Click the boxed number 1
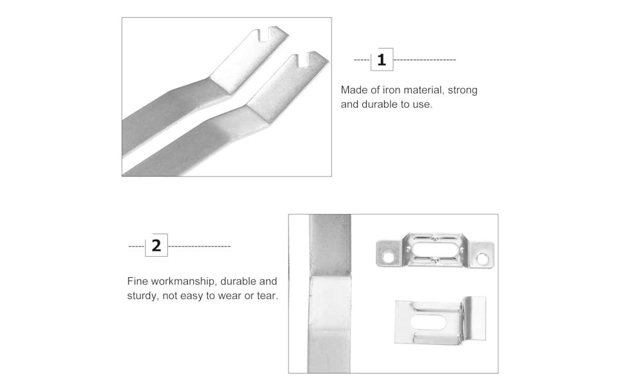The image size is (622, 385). [382, 60]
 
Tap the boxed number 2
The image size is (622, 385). [156, 245]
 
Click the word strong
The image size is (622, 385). [462, 90]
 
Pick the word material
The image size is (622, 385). [423, 90]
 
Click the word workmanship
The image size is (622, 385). [184, 282]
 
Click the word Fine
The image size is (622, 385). [138, 282]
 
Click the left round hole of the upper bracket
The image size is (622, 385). [387, 257]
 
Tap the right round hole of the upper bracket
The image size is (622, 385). [482, 259]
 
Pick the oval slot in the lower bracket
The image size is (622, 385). [428, 322]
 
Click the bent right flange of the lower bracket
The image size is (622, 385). [475, 318]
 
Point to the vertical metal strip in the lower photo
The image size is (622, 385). [329, 294]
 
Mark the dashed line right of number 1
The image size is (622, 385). [424, 60]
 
